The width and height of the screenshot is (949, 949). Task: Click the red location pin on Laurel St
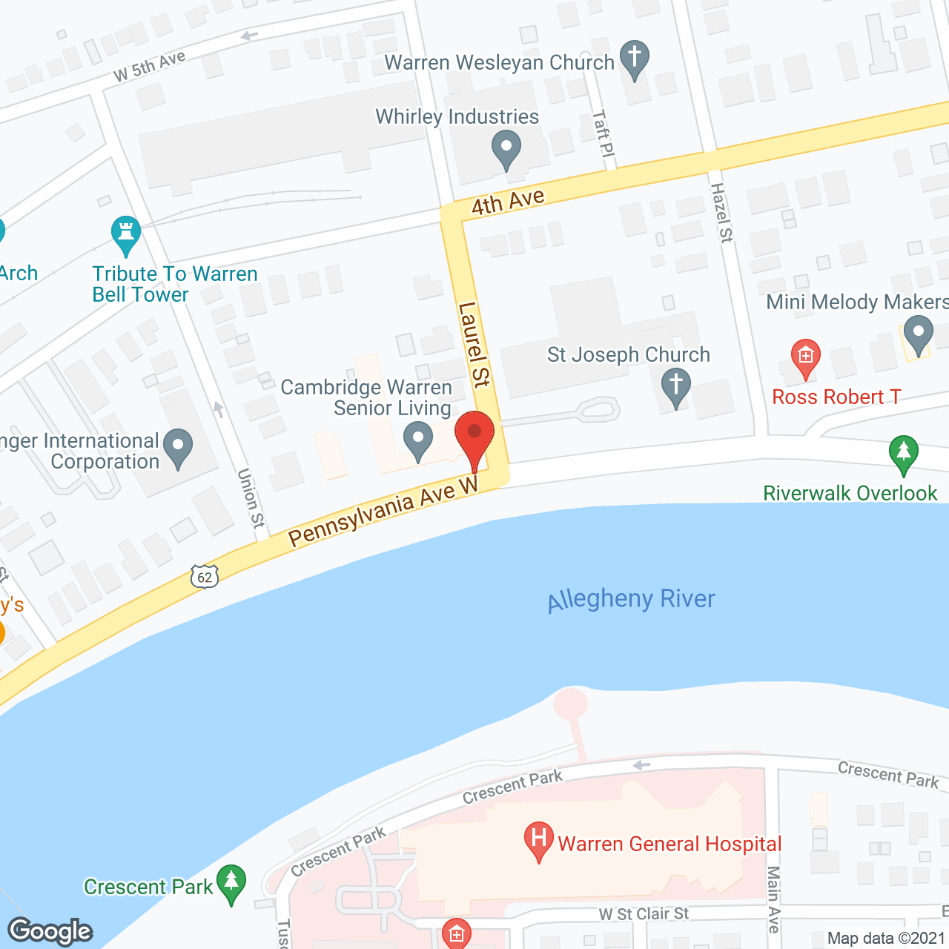pyautogui.click(x=474, y=437)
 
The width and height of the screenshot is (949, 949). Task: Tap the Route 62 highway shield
pyautogui.click(x=205, y=577)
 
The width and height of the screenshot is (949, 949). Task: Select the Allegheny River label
pyautogui.click(x=631, y=599)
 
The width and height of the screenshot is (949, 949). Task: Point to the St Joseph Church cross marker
pyautogui.click(x=675, y=387)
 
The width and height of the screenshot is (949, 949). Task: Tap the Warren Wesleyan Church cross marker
pyautogui.click(x=634, y=57)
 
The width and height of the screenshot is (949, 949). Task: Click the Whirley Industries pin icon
pyautogui.click(x=506, y=148)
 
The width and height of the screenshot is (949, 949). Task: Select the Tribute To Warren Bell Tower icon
pyautogui.click(x=126, y=233)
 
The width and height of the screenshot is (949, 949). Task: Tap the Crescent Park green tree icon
pyautogui.click(x=231, y=882)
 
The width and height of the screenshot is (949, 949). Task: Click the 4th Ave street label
pyautogui.click(x=508, y=202)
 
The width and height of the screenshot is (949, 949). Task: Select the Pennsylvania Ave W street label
pyautogui.click(x=383, y=511)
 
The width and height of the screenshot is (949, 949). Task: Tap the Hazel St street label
pyautogui.click(x=721, y=213)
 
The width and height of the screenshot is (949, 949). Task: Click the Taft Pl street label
pyautogui.click(x=604, y=133)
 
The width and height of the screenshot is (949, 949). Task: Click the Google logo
pyautogui.click(x=50, y=931)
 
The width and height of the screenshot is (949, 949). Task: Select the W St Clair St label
pyautogui.click(x=644, y=914)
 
